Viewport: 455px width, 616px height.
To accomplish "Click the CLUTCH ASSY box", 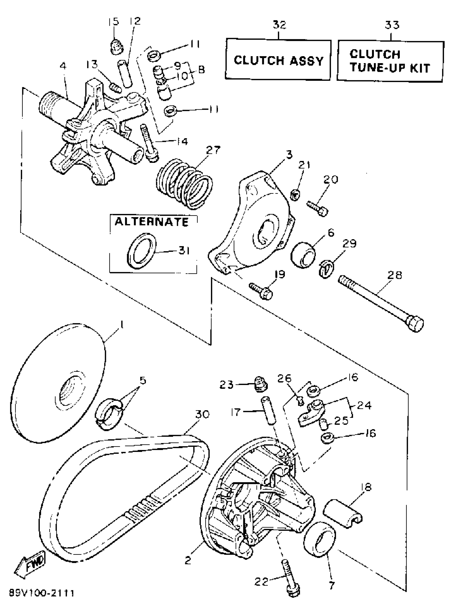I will pyautogui.click(x=278, y=60).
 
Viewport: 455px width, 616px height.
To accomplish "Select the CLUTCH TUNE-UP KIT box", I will pyautogui.click(x=390, y=61).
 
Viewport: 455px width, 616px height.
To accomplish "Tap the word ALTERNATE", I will pyautogui.click(x=151, y=222).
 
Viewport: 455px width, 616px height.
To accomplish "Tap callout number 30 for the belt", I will pyautogui.click(x=202, y=415).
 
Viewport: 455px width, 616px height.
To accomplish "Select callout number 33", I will pyautogui.click(x=392, y=25).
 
